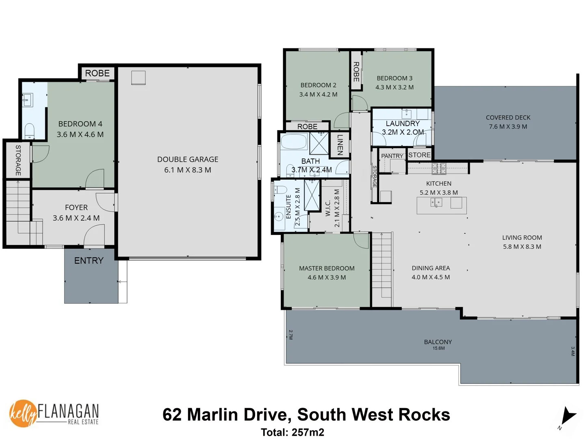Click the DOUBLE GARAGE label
pyautogui.click(x=188, y=159)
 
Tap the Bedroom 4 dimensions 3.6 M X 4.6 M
pyautogui.click(x=80, y=135)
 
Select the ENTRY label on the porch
pyautogui.click(x=89, y=261)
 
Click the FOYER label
pyautogui.click(x=76, y=207)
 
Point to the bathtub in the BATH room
pyautogui.click(x=294, y=142)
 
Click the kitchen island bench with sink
pyautogui.click(x=442, y=205)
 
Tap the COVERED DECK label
pyautogui.click(x=508, y=117)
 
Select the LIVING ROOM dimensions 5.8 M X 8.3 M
pyautogui.click(x=522, y=247)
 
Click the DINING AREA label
pyautogui.click(x=431, y=268)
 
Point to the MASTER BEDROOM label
pyautogui.click(x=327, y=268)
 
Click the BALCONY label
pyautogui.click(x=438, y=342)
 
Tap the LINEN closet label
pyautogui.click(x=340, y=144)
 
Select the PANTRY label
pyautogui.click(x=392, y=156)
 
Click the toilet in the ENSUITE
pyautogui.click(x=280, y=190)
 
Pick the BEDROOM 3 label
pyautogui.click(x=394, y=78)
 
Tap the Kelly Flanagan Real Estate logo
pyautogui.click(x=54, y=413)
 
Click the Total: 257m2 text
pyautogui.click(x=292, y=432)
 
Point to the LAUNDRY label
pyautogui.click(x=403, y=124)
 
